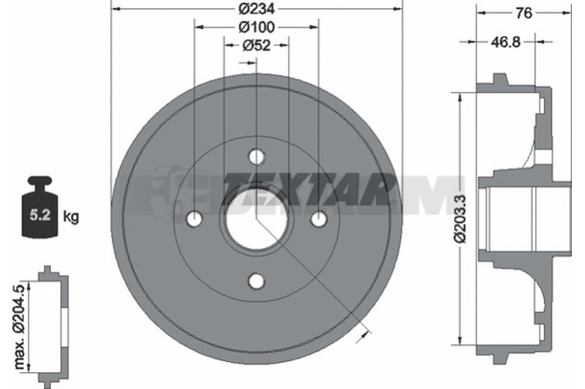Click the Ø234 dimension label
click(x=257, y=9)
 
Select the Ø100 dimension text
click(x=257, y=27)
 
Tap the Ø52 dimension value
click(x=257, y=45)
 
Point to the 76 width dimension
click(x=524, y=13)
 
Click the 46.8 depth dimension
click(x=505, y=42)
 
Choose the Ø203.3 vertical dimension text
click(x=461, y=219)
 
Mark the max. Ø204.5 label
click(x=19, y=326)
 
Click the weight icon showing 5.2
click(x=40, y=207)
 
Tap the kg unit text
click(x=71, y=216)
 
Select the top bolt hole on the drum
click(x=257, y=156)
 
